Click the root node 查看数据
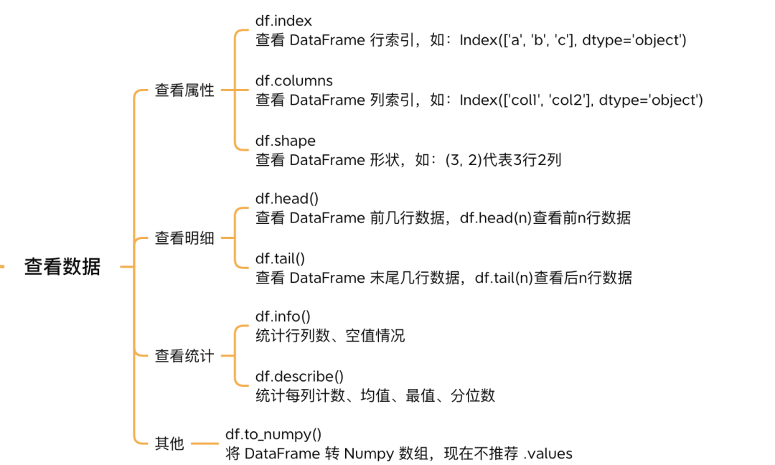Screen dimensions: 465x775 tap(62, 267)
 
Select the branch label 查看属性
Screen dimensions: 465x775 tap(184, 90)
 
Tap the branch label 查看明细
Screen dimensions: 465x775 tap(184, 238)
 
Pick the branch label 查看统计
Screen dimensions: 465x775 tap(184, 355)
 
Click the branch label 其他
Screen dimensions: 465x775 tap(169, 443)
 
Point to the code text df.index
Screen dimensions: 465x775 tap(283, 22)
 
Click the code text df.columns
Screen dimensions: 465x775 tap(294, 80)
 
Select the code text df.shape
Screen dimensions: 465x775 tap(285, 141)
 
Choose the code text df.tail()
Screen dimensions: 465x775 tap(280, 258)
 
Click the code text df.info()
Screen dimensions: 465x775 tap(283, 316)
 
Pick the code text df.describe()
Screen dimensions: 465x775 tap(299, 376)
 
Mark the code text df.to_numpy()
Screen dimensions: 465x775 tap(273, 434)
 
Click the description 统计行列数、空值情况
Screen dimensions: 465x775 tap(330, 336)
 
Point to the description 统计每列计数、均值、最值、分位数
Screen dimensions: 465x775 tap(375, 395)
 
